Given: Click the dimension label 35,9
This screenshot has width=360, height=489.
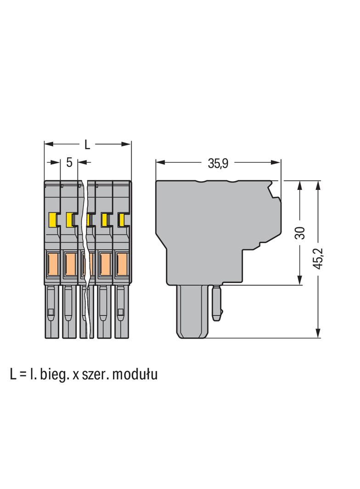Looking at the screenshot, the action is pyautogui.click(x=218, y=163).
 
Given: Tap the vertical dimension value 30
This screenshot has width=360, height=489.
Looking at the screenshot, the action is pyautogui.click(x=300, y=233).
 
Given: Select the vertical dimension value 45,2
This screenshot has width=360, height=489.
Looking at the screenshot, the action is pyautogui.click(x=319, y=259).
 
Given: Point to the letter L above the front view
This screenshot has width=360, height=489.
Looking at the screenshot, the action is pyautogui.click(x=87, y=144).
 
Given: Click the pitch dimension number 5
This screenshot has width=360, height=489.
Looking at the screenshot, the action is pyautogui.click(x=69, y=162).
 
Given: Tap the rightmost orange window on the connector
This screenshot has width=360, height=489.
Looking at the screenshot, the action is pyautogui.click(x=122, y=264).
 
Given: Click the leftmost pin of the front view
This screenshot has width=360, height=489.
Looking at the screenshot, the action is pyautogui.click(x=51, y=311).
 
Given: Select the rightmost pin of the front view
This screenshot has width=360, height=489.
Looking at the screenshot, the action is pyautogui.click(x=122, y=311).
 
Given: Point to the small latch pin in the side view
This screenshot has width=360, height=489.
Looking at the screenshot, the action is pyautogui.click(x=217, y=302).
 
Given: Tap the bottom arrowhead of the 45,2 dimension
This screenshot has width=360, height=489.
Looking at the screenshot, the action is pyautogui.click(x=318, y=333).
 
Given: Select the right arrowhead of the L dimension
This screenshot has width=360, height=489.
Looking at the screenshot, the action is pyautogui.click(x=126, y=144).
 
